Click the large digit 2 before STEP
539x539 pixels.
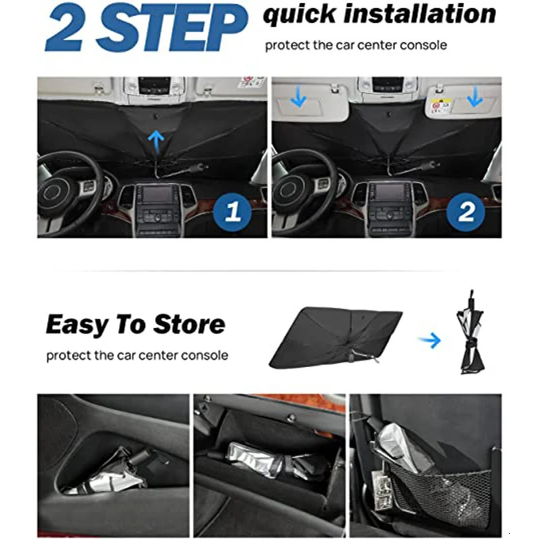pyautogui.click(x=65, y=28)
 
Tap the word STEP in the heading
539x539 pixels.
pyautogui.click(x=172, y=28)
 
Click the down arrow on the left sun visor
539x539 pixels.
pyautogui.click(x=298, y=99)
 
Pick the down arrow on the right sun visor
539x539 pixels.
pyautogui.click(x=474, y=99)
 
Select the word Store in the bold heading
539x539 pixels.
pyautogui.click(x=190, y=325)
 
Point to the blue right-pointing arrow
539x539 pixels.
pyautogui.click(x=429, y=340)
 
